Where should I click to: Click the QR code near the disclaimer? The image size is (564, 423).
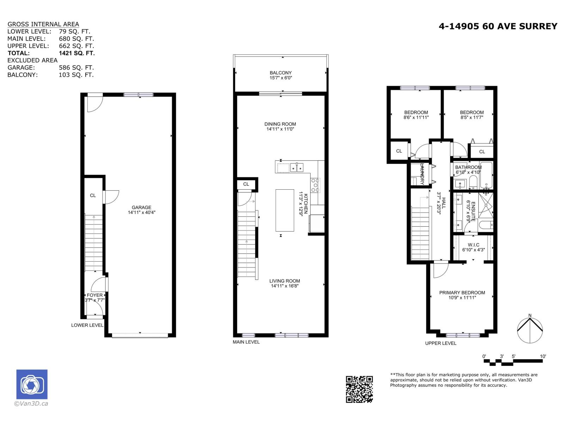pos(359,389)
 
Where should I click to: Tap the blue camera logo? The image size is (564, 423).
pos(32,384)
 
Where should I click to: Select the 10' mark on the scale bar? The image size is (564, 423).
pos(543,356)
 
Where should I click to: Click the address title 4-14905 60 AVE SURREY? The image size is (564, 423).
pos(498,26)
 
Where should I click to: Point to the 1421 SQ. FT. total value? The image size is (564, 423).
pos(77,53)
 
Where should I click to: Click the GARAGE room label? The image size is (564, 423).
pos(141,208)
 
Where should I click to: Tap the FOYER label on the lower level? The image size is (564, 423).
pos(95,295)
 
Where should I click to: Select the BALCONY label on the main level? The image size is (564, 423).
pos(281,73)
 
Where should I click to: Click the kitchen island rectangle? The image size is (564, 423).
pos(285,210)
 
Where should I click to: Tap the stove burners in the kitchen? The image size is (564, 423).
pos(315,185)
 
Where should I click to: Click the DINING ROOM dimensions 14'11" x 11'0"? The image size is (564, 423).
pos(280,129)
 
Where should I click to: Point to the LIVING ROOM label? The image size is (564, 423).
pos(284,281)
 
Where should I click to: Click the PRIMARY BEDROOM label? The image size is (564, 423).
pos(462,293)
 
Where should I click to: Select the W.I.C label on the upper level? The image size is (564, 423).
pos(473,245)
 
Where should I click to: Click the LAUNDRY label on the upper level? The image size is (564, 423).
pos(422,174)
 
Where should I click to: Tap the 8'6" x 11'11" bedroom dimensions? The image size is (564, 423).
pos(416,117)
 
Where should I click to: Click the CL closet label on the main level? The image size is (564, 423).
pos(246,184)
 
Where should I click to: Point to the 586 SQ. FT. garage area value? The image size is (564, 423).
pos(76,68)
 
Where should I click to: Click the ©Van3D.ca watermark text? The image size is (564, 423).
pos(31,404)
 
